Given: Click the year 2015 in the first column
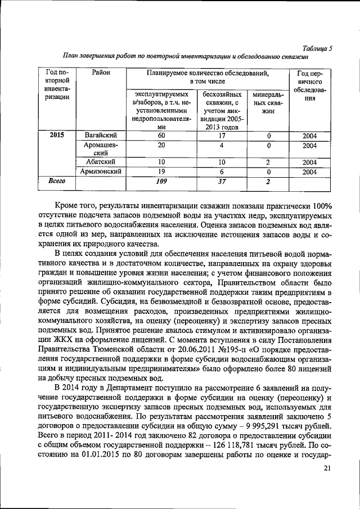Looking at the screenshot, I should (x=57, y=136).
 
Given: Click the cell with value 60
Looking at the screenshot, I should (x=161, y=136).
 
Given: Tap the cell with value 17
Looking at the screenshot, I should (x=222, y=136).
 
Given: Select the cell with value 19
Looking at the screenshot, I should (x=161, y=172).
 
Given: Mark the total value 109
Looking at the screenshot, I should (x=161, y=181).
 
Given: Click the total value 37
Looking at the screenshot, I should (x=222, y=181).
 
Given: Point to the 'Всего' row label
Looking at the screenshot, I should (x=57, y=181).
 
